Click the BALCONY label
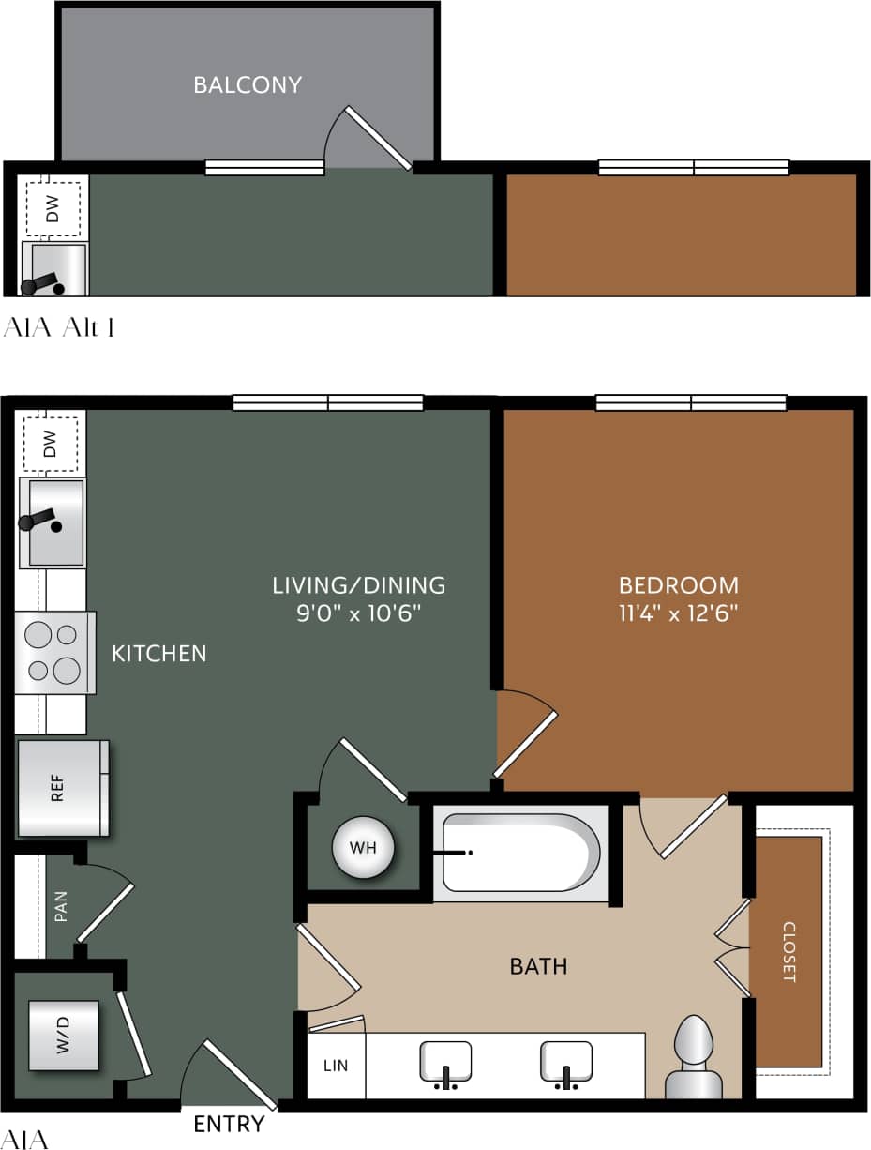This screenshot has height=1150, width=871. pos(248,84)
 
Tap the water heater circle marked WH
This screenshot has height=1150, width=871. pos(363,848)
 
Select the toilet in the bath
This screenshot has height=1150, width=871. pos(694,1055)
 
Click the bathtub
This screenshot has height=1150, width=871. pos(521,852)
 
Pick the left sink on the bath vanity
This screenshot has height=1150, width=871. pos(444,1062)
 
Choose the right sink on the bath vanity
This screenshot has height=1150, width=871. pos(566,1062)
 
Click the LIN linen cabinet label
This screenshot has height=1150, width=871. pos(336,1066)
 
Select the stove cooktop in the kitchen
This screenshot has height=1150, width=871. pos(54,653)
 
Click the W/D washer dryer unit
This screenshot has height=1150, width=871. pos(63,1036)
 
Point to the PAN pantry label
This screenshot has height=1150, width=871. pos(61,906)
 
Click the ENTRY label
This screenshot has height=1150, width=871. pos(229,1124)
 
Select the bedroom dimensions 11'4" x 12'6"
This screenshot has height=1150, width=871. pos(679,615)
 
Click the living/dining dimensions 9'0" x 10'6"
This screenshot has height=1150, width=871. pos(359,615)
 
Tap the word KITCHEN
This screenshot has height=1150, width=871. pos(159,653)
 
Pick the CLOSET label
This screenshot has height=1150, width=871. pos(788,952)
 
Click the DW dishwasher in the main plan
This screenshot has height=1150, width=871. pos(51,441)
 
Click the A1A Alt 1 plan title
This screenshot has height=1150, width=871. pos(60,327)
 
